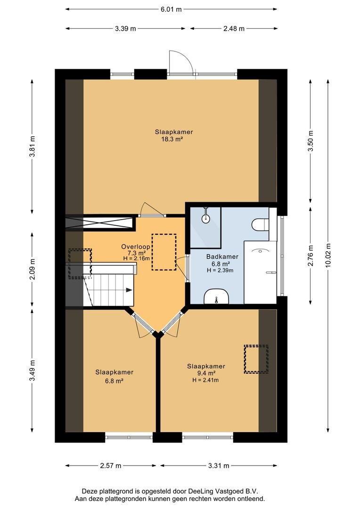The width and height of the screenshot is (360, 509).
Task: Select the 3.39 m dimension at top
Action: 125,29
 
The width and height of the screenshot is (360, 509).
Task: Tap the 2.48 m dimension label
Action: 234,29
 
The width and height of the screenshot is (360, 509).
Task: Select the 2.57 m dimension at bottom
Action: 111,466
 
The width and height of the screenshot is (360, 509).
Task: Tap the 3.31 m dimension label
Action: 218,466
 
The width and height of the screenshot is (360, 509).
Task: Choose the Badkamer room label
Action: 222,257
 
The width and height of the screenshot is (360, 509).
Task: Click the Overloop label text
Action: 135,246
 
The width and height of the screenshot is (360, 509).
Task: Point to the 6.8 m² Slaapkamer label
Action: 114,376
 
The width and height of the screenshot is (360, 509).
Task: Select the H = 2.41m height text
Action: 205,380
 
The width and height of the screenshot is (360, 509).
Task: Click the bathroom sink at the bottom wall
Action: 216,297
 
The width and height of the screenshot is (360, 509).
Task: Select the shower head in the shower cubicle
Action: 205,217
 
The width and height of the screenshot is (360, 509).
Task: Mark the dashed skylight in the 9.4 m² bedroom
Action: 256,359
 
